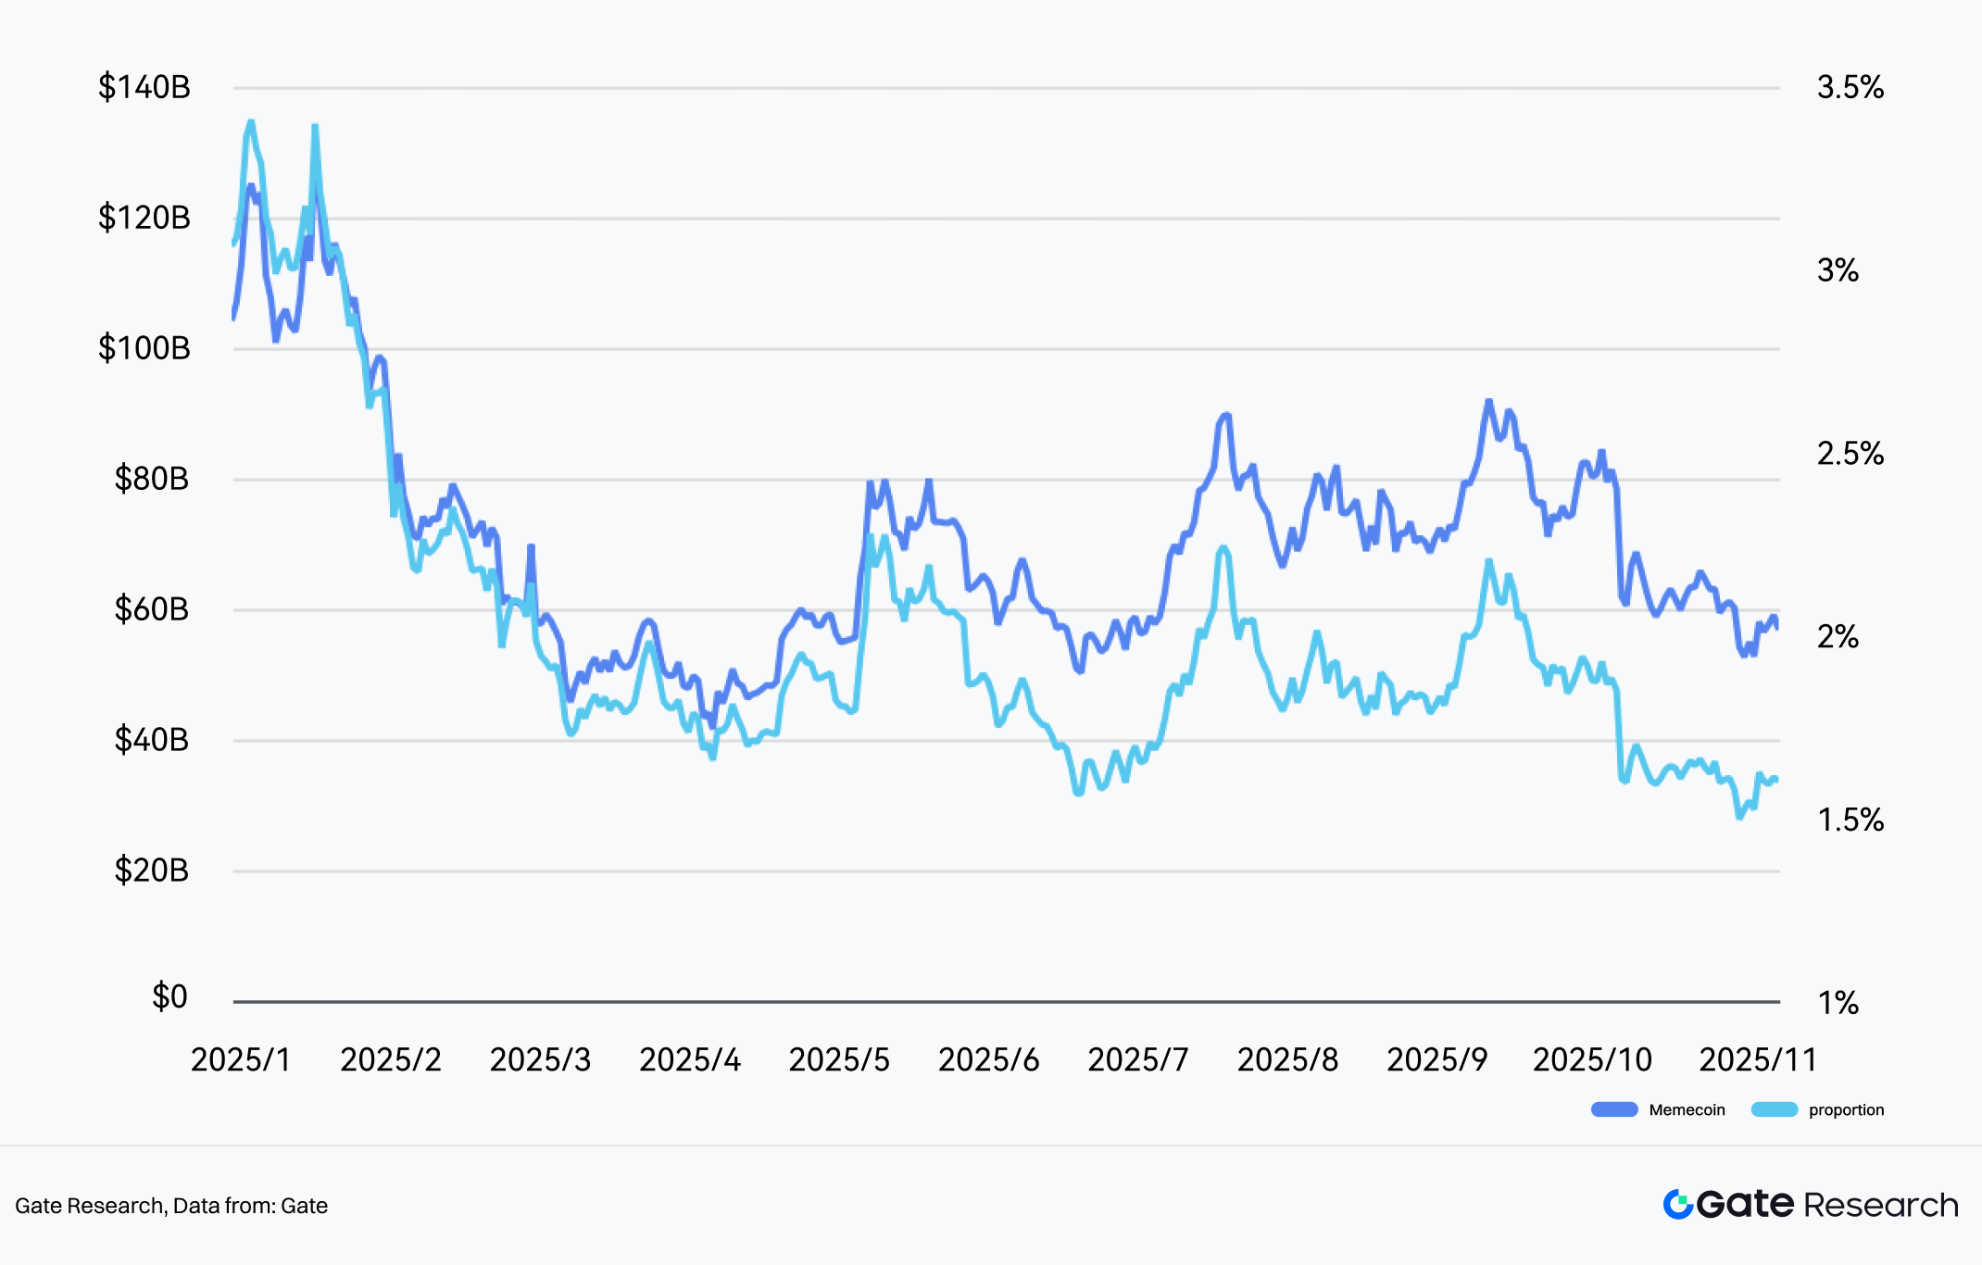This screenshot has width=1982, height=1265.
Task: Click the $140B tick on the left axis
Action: coord(144,88)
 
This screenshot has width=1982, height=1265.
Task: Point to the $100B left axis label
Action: coord(144,349)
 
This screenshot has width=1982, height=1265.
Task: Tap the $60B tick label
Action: coord(152,610)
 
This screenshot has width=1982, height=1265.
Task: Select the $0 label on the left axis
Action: coord(169,997)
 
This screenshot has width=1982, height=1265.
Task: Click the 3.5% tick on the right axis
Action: coord(1850,88)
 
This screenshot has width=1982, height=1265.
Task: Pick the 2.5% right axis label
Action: coord(1850,454)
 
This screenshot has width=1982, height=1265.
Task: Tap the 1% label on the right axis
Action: coord(1838,1003)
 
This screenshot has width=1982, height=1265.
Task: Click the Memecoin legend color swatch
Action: coord(1614,1110)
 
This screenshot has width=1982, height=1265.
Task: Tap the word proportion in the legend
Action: coord(1846,1110)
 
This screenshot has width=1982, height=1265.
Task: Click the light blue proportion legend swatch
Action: coord(1774,1110)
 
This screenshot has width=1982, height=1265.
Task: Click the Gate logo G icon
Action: coord(1678,1205)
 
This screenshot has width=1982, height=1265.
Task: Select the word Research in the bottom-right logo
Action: coord(1881,1205)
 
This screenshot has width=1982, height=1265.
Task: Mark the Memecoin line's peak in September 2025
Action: coord(1488,401)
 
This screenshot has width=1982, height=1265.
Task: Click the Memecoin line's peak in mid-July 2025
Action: coord(1226,415)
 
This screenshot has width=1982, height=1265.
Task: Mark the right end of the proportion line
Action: coord(1776,780)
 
